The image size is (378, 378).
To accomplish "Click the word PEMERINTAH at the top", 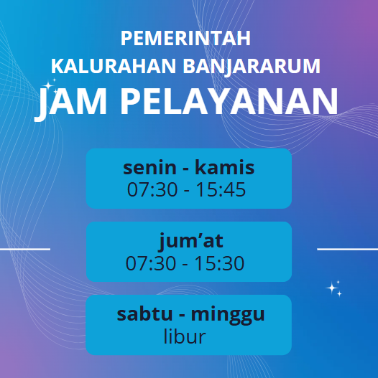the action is pyautogui.click(x=185, y=38).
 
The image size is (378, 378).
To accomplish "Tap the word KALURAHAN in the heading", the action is pyautogui.click(x=114, y=66).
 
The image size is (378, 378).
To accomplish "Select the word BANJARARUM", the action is pyautogui.click(x=252, y=67).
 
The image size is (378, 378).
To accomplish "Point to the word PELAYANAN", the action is pyautogui.click(x=229, y=101).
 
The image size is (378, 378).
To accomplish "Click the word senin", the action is pyautogui.click(x=149, y=167).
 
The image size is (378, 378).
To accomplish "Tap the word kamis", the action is pyautogui.click(x=225, y=167).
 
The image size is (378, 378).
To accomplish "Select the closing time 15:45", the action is pyautogui.click(x=221, y=189).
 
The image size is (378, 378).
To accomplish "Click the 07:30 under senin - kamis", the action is pyautogui.click(x=152, y=189).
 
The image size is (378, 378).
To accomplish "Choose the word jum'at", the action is pyautogui.click(x=191, y=241).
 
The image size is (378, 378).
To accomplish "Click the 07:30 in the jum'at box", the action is pyautogui.click(x=151, y=263).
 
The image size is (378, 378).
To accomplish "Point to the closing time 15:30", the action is pyautogui.click(x=219, y=263).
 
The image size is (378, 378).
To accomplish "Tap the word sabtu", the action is pyautogui.click(x=144, y=313).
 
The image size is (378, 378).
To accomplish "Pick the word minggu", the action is pyautogui.click(x=228, y=315).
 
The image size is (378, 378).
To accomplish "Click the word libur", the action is pyautogui.click(x=185, y=336).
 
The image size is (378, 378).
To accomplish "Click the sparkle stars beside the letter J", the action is pyautogui.click(x=50, y=86).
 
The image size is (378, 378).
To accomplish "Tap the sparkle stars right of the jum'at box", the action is pyautogui.click(x=333, y=288).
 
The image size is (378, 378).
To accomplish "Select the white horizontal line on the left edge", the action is pyautogui.click(x=25, y=249).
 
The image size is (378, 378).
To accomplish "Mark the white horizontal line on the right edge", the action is pyautogui.click(x=347, y=249).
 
